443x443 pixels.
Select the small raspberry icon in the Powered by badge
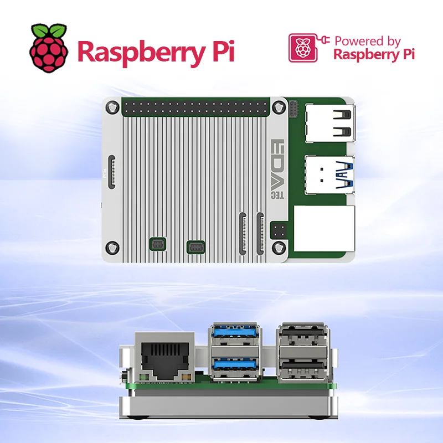(302, 48)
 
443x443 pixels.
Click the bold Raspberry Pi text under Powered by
(374, 55)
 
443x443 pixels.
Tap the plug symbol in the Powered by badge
(324, 40)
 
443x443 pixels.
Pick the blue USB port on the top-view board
(330, 173)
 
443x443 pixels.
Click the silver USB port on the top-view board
(330, 123)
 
